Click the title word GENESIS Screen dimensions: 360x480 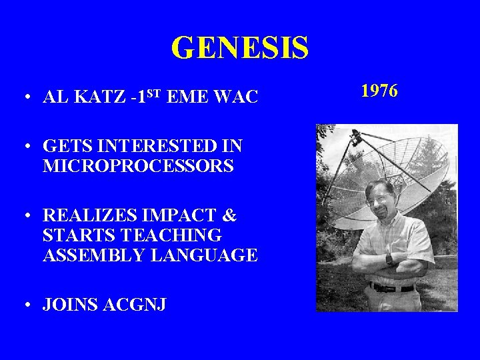240,47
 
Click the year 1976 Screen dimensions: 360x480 379,91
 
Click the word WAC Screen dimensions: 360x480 236,98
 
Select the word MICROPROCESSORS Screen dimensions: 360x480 138,166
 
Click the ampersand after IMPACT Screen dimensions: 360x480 227,217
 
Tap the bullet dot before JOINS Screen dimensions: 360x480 24,305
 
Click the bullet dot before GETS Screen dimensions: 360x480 24,147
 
